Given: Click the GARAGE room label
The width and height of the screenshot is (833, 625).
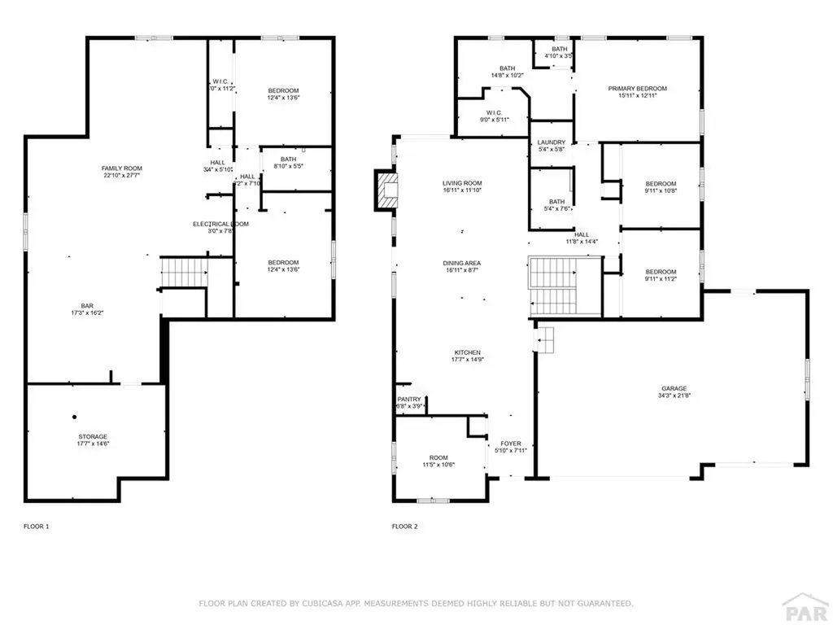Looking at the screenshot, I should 673,388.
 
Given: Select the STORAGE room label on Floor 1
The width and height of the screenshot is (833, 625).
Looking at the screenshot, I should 93,436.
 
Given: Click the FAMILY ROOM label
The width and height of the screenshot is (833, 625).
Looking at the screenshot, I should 122,168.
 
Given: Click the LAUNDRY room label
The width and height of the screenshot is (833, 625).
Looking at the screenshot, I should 552,142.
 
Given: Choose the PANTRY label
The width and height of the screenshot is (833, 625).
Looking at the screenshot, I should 409,399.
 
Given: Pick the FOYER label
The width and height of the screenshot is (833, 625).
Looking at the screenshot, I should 512,444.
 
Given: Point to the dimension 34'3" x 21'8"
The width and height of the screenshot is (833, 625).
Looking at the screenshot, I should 674,396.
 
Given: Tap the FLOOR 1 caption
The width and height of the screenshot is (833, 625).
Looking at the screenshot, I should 36,527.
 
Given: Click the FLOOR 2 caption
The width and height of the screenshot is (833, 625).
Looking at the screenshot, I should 404,527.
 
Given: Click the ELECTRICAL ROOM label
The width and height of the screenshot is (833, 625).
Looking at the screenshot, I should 220,224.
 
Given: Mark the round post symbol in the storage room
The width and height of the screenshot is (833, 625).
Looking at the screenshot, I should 73,414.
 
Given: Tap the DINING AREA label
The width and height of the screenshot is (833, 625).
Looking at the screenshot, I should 461,263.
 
